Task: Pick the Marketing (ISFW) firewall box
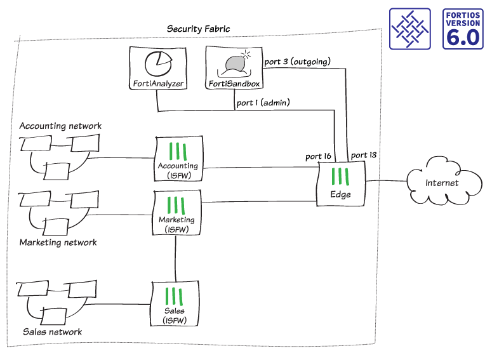pyautogui.click(x=175, y=213)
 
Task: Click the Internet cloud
pyautogui.click(x=441, y=183)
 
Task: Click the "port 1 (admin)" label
pyautogui.click(x=263, y=102)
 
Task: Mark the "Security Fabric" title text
pyautogui.click(x=198, y=29)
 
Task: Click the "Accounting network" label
pyautogui.click(x=60, y=126)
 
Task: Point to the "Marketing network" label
pyautogui.click(x=58, y=243)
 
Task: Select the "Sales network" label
pyautogui.click(x=52, y=332)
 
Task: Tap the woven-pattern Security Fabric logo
pyautogui.click(x=411, y=30)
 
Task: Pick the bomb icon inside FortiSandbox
pyautogui.click(x=236, y=63)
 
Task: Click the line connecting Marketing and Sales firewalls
pyautogui.click(x=175, y=258)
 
